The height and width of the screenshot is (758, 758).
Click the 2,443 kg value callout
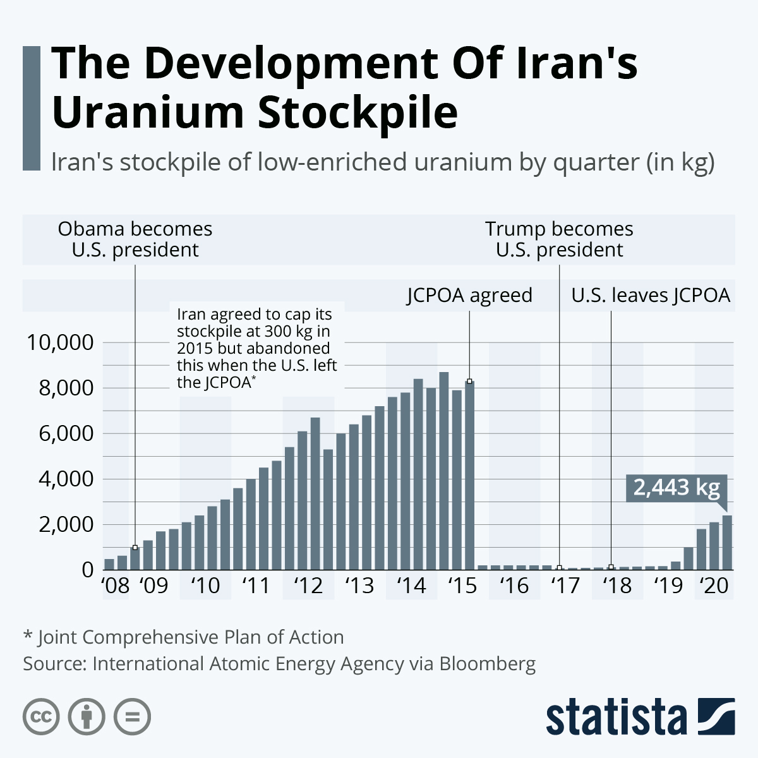pos(677,488)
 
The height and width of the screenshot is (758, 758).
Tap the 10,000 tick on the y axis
pos(60,342)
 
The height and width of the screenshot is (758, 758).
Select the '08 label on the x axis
pos(116,586)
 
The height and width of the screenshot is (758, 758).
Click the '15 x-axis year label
pos(462,586)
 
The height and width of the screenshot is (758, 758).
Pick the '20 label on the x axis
pos(714,586)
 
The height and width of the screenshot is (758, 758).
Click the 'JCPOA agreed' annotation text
pos(469,295)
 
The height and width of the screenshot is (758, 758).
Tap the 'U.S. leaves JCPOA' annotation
pos(651,295)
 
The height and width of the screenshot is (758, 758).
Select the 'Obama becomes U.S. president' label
pos(135,239)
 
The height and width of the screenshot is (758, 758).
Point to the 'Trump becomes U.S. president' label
pos(559,239)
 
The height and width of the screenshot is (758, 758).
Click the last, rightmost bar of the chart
pos(727,542)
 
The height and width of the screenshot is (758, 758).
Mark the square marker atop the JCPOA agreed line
pos(469,382)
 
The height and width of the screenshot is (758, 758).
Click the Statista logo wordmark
pos(616,718)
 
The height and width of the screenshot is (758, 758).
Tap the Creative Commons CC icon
pos(41,717)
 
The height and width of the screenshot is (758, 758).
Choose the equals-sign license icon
pos(133,717)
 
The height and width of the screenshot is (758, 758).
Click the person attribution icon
pos(87,717)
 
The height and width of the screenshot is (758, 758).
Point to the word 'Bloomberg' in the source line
pos(487,664)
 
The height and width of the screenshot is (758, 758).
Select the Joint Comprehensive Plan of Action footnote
pos(184,637)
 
